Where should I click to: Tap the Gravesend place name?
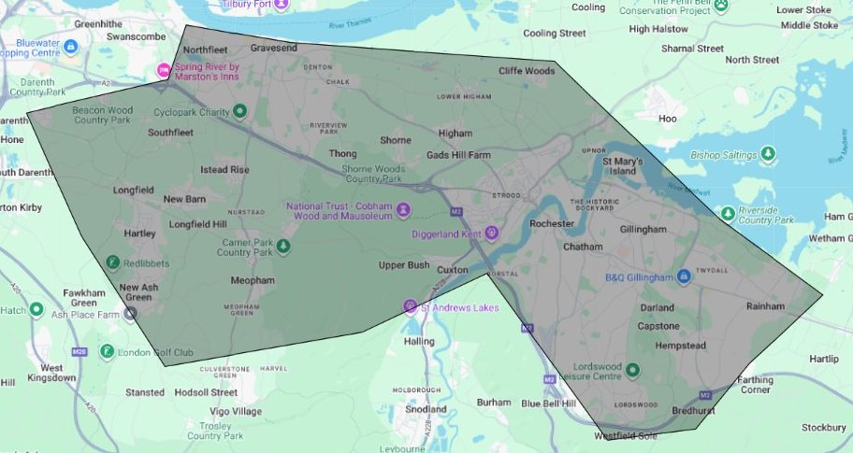(273, 47)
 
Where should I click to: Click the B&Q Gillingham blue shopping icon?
(684, 277)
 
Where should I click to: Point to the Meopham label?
(253, 280)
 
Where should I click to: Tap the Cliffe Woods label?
(527, 70)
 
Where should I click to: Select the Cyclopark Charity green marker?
(239, 112)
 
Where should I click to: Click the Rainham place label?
(765, 305)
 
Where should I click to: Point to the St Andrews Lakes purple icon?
(409, 306)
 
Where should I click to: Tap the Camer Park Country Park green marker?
(282, 247)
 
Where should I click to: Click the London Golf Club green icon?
(108, 351)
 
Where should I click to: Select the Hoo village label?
(667, 119)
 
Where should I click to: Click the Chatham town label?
(584, 248)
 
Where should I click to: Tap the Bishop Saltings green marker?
(768, 153)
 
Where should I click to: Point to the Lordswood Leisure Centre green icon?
(632, 370)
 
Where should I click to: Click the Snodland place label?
(426, 409)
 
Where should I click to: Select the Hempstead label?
(680, 346)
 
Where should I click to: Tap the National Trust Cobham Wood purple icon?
(403, 209)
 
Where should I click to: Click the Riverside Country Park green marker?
(727, 214)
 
